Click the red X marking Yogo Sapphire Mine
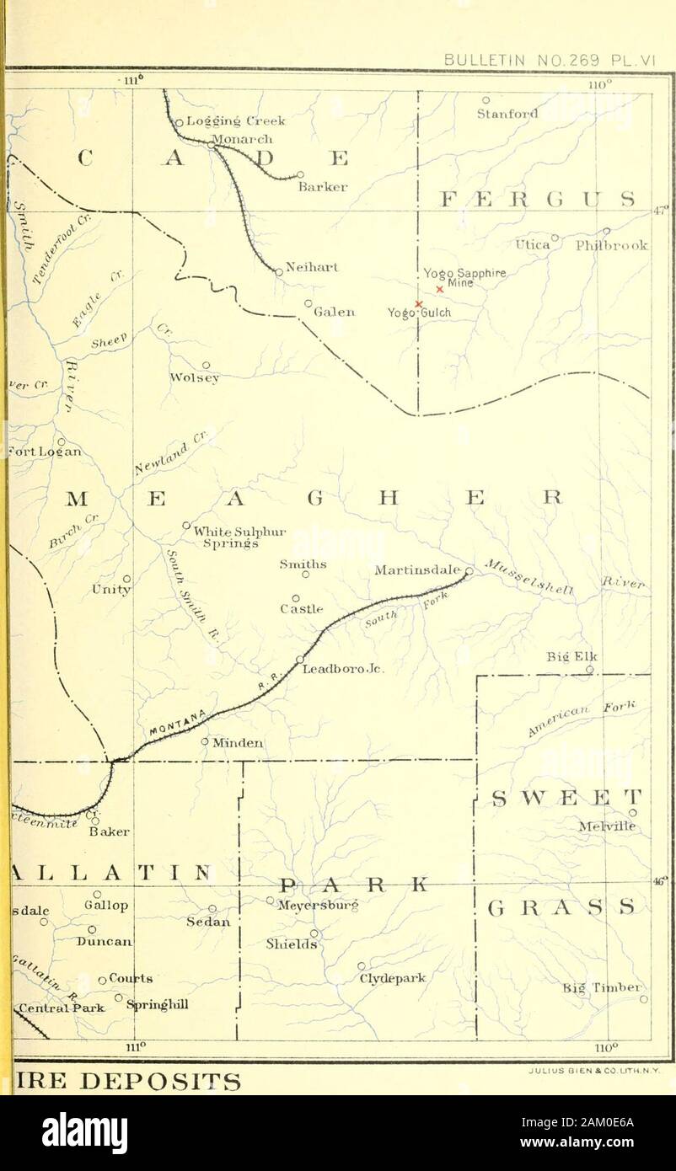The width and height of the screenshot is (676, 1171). coord(439,289)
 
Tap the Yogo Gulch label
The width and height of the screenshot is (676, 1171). coord(419,313)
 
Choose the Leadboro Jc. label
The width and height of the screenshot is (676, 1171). coord(343,671)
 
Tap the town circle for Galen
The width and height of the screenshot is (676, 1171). coord(308,303)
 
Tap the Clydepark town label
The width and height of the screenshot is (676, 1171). coord(393,979)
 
